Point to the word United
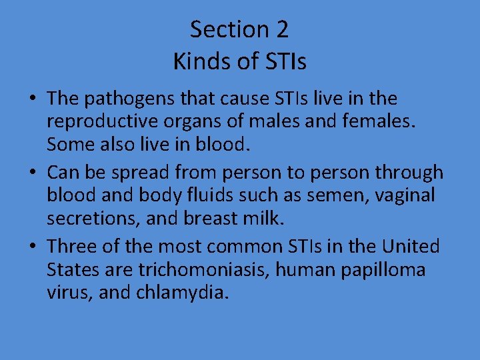411,247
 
